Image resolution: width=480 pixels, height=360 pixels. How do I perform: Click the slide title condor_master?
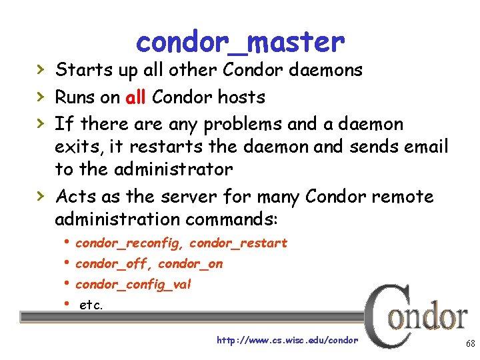coord(240,43)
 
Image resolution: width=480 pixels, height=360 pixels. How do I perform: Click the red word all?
coord(136,97)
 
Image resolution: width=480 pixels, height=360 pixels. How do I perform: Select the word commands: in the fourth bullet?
coord(237,219)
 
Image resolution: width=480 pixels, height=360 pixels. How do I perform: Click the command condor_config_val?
coord(133,285)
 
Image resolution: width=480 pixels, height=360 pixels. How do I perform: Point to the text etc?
coord(91,305)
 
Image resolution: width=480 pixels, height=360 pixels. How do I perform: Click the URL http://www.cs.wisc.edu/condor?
coord(287,340)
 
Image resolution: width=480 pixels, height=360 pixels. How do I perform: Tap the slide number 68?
coord(470,344)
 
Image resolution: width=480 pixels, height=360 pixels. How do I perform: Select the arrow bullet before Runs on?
coord(41,97)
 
